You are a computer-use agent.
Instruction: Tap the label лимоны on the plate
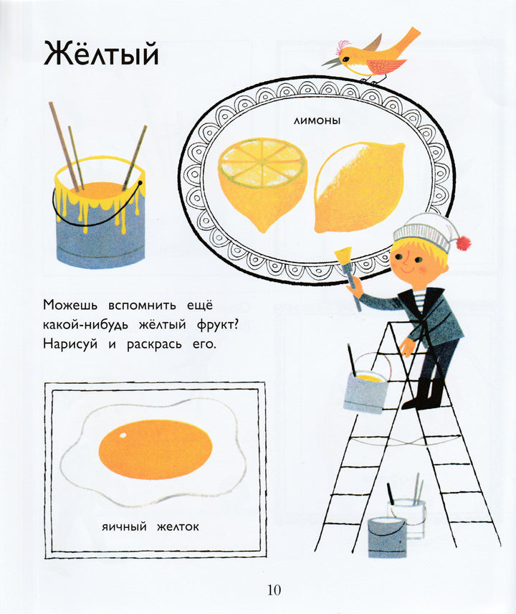317,121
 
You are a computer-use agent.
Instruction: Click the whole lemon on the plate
359,186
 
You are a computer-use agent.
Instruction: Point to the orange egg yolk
156,449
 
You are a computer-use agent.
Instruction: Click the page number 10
274,590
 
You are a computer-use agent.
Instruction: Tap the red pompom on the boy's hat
463,242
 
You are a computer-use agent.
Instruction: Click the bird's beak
331,63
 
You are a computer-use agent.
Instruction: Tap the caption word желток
178,526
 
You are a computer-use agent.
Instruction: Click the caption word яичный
124,526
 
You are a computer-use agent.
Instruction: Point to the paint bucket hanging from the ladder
365,390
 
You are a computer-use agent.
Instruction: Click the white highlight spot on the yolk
123,435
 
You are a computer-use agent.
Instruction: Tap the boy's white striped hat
426,232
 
